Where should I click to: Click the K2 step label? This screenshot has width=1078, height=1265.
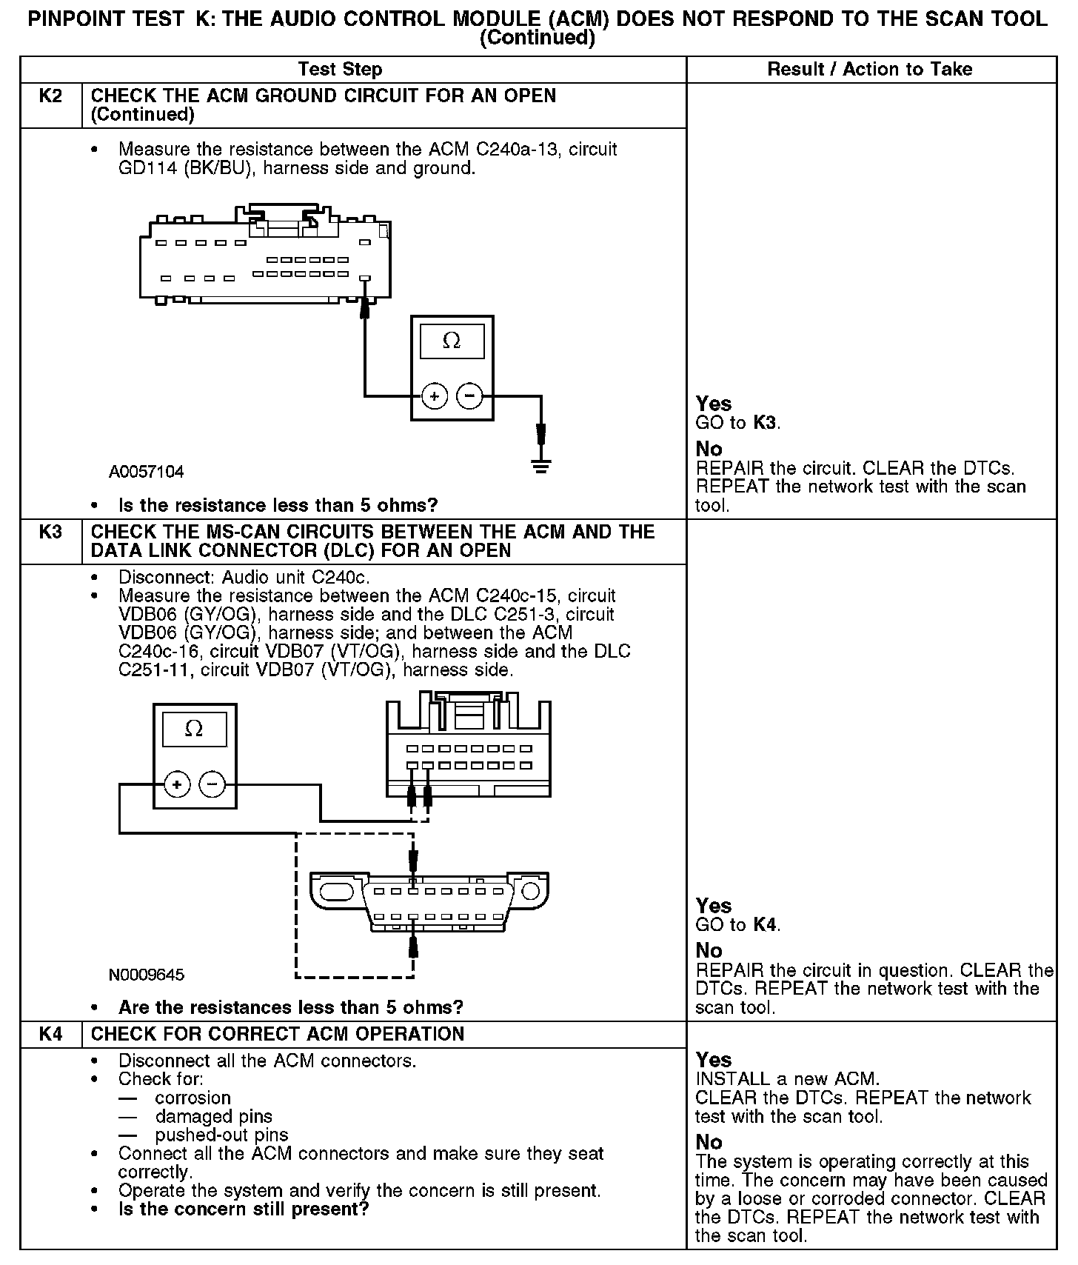click(50, 96)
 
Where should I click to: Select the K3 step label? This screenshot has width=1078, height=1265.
click(50, 532)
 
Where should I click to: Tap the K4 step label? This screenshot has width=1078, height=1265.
click(50, 1034)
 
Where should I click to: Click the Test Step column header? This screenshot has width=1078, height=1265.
click(340, 70)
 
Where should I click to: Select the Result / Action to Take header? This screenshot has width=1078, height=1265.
click(870, 70)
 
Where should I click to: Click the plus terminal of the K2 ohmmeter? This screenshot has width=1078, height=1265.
click(435, 396)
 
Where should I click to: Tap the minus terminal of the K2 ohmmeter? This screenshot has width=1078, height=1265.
click(469, 396)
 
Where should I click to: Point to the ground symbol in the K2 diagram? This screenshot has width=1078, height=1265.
click(541, 467)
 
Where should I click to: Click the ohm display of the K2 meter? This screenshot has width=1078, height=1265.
click(452, 342)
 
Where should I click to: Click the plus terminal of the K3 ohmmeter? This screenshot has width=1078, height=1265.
click(177, 784)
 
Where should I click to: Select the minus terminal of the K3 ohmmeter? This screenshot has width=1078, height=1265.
click(212, 784)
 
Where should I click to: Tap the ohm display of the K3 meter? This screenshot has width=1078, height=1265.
click(194, 730)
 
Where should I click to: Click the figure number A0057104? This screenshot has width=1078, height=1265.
click(146, 472)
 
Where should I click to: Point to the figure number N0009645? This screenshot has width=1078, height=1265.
click(146, 975)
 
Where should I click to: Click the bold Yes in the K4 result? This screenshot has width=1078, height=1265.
click(714, 1060)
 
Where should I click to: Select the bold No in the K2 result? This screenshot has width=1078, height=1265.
click(709, 449)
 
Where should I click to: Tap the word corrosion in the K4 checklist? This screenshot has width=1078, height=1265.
click(193, 1098)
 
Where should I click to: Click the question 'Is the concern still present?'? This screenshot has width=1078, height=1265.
click(244, 1209)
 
